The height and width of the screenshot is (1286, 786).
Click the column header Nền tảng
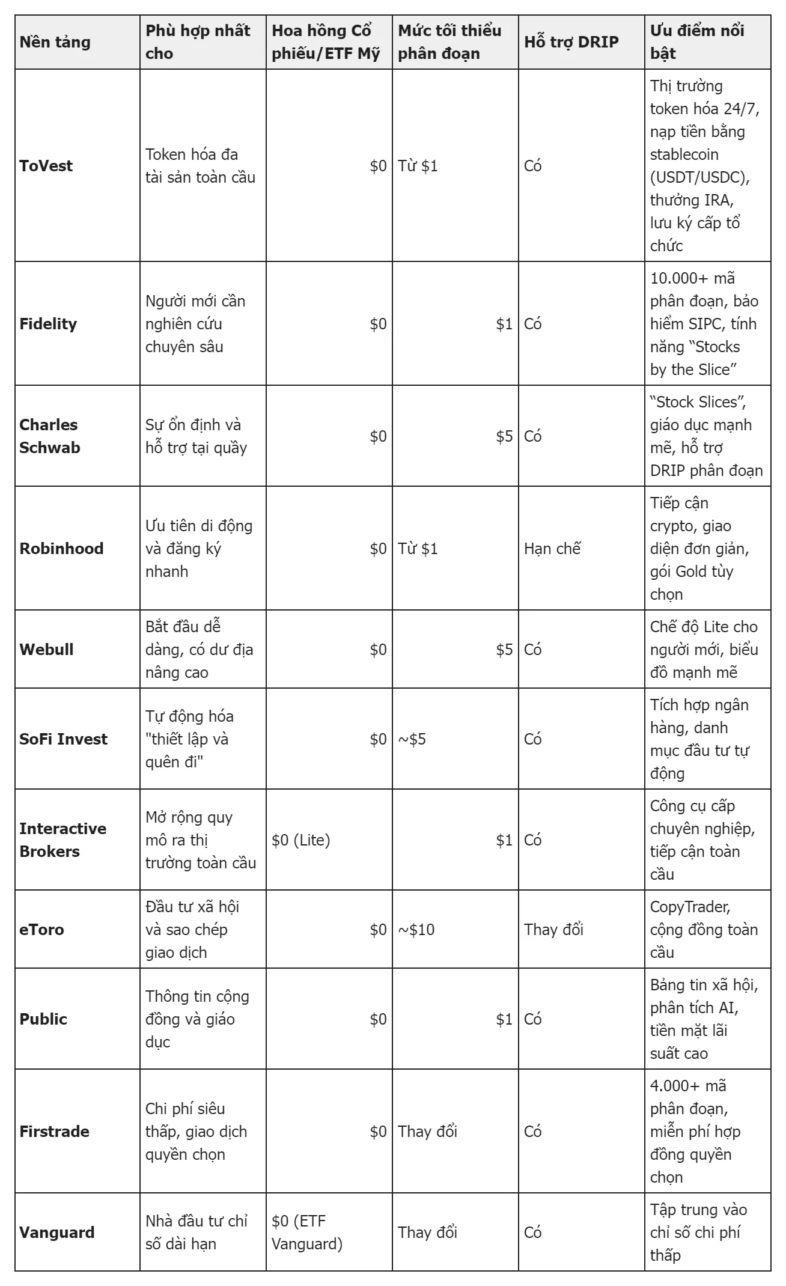55,42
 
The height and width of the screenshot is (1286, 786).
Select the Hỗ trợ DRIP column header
571,42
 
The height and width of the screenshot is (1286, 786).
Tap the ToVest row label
46,166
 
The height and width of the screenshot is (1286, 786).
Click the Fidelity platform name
48,324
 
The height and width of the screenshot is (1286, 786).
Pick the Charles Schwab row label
49,436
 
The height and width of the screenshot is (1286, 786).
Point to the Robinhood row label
61,549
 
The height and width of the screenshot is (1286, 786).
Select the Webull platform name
46,650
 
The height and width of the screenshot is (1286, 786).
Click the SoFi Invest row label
63,739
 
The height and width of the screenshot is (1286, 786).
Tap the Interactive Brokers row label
62,840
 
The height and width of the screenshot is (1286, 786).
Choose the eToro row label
41,930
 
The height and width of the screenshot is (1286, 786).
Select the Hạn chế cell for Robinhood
552,549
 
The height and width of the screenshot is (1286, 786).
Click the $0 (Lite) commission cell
301,840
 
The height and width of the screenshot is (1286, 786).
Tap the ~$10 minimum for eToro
416,930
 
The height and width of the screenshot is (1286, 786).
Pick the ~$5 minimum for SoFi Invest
412,739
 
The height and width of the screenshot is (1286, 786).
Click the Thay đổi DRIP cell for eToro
553,930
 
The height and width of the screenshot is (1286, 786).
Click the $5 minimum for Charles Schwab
504,436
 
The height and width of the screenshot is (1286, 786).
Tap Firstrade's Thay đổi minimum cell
427,1132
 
